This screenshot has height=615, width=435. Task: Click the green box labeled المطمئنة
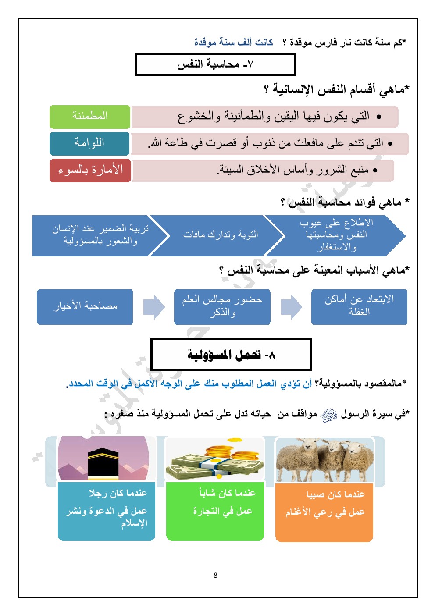tap(90, 117)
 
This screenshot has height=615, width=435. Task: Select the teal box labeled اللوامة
tap(89, 143)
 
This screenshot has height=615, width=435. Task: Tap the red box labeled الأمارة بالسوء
tap(90, 170)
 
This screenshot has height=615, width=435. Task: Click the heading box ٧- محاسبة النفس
tap(215, 65)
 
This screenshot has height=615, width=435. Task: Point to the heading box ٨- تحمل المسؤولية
tap(231, 354)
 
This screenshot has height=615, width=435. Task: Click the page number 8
tap(215, 575)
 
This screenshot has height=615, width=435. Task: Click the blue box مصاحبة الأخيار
tap(85, 306)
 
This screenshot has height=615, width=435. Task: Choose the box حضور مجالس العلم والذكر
tap(222, 306)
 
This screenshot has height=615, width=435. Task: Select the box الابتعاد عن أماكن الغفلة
tap(359, 306)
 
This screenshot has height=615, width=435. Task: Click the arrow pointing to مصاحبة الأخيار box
tap(153, 307)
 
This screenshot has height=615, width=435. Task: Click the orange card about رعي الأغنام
tap(324, 512)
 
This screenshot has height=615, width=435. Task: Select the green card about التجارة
tap(215, 511)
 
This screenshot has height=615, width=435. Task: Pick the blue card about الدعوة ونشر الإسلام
tap(107, 511)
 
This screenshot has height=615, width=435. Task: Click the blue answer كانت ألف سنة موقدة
tap(234, 42)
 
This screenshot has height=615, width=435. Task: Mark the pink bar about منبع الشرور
tap(263, 170)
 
